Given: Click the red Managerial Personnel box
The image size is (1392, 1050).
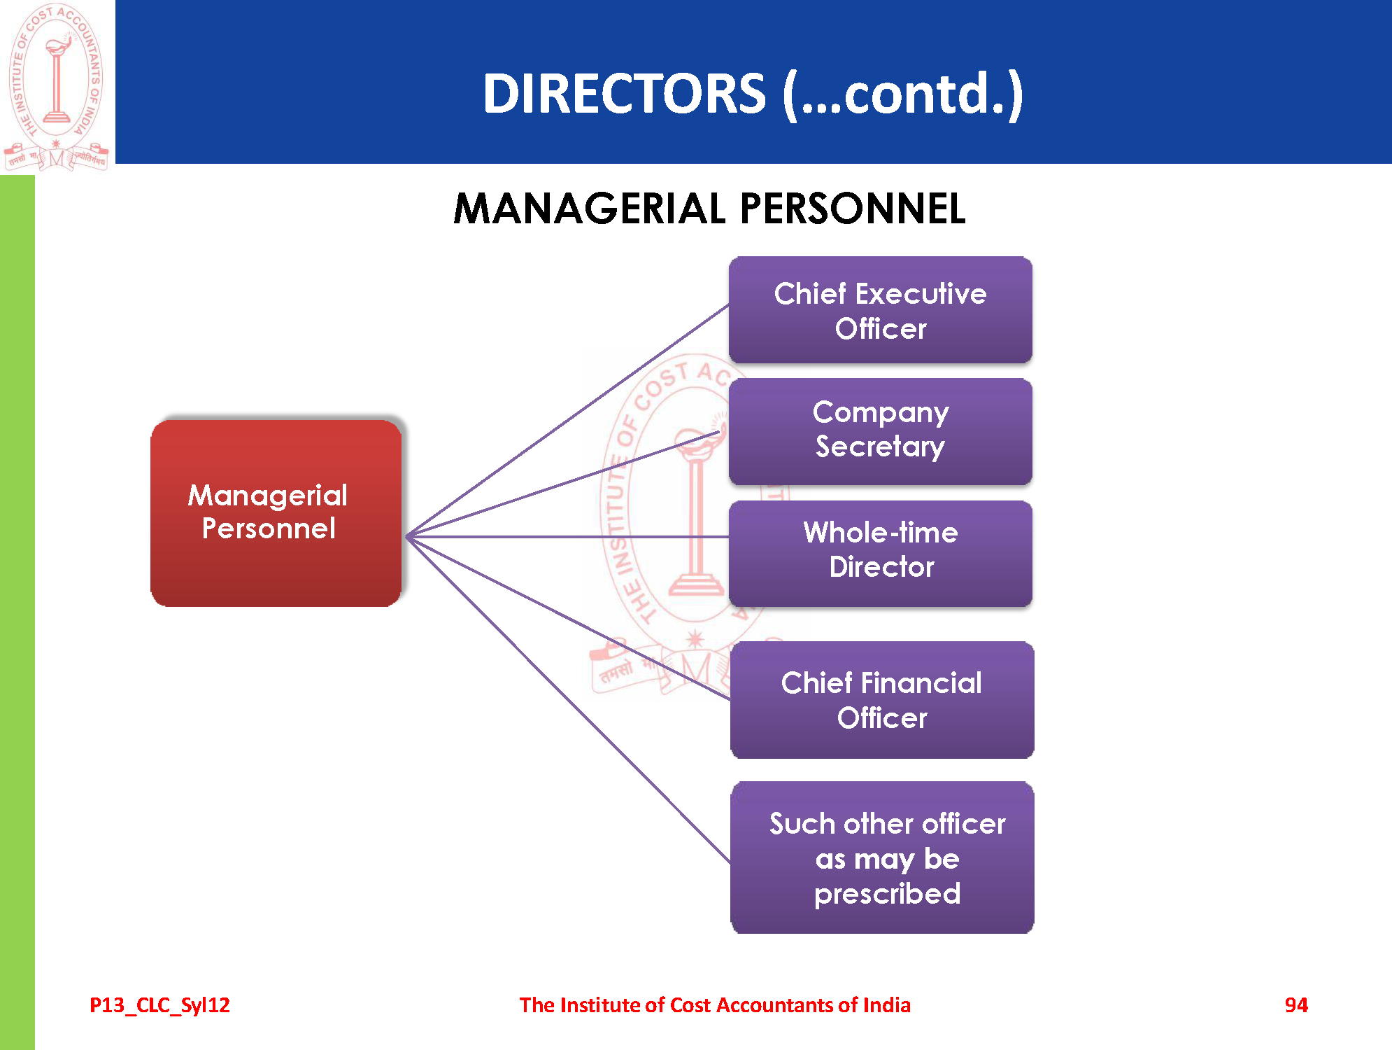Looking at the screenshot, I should click(276, 512).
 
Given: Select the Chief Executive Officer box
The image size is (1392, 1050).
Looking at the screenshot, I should click(880, 310).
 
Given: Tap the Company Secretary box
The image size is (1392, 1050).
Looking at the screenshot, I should click(880, 431).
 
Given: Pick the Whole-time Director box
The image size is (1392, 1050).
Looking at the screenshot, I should click(880, 553).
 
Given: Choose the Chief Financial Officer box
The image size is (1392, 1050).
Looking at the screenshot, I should click(881, 699).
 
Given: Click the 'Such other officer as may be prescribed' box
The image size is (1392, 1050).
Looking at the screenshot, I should click(881, 857).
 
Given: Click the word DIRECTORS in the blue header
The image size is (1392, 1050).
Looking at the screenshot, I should click(624, 94).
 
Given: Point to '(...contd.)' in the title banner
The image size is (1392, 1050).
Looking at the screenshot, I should click(902, 94).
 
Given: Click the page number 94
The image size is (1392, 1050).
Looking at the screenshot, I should click(1295, 1005).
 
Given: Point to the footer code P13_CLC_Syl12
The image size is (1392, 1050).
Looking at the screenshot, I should click(159, 1005).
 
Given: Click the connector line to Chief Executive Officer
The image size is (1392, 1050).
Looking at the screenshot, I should click(567, 421).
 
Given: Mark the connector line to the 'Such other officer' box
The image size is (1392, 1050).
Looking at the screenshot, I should click(567, 699).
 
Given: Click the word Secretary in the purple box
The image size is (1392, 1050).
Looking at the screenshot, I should click(880, 447).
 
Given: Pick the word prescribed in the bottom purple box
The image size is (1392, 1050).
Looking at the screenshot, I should click(887, 894).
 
